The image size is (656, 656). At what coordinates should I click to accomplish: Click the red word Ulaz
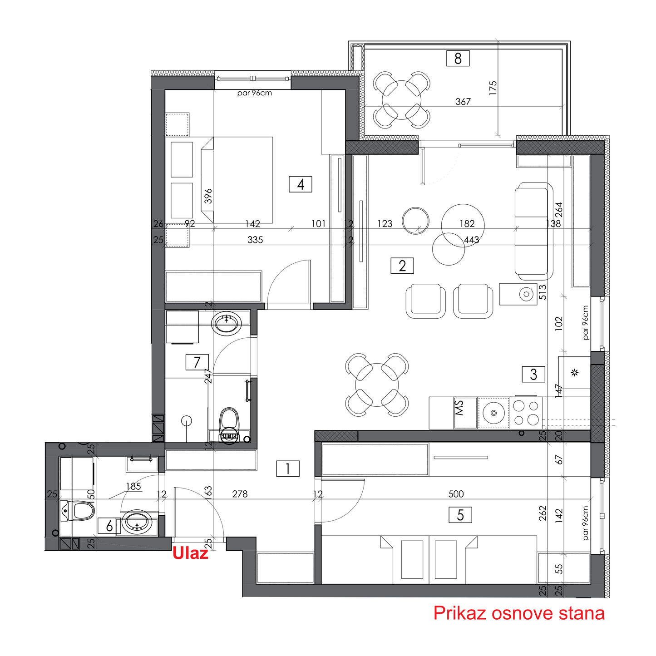pos(190,553)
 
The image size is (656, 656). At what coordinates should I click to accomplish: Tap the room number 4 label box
pos(300,184)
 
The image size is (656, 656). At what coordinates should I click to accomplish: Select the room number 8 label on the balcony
pos(458,59)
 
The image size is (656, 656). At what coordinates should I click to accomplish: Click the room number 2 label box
pos(402,266)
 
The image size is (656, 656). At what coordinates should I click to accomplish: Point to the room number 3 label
pos(533,374)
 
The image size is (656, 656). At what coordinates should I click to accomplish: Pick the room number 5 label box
pos(460,515)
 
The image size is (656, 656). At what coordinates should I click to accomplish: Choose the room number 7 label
pos(197,362)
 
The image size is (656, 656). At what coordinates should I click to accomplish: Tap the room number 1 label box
pos(288,469)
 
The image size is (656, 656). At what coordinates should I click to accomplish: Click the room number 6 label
pos(109,526)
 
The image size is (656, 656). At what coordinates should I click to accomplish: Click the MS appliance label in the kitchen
pos(459,408)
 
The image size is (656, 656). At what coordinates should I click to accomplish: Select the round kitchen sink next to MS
pos(493,413)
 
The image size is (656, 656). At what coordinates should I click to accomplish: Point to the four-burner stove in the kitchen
pos(526,413)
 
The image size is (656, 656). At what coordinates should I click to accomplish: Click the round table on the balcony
pos(402,100)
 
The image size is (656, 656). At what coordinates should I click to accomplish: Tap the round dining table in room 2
pos(377,385)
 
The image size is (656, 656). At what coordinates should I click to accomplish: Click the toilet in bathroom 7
pos(229,426)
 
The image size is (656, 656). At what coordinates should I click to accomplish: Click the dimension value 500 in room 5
pos(456,494)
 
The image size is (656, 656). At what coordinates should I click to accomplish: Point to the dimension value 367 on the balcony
pos(463,101)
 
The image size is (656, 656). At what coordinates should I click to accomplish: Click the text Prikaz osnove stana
pos(519,613)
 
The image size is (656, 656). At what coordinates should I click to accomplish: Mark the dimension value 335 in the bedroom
pos(255,240)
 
